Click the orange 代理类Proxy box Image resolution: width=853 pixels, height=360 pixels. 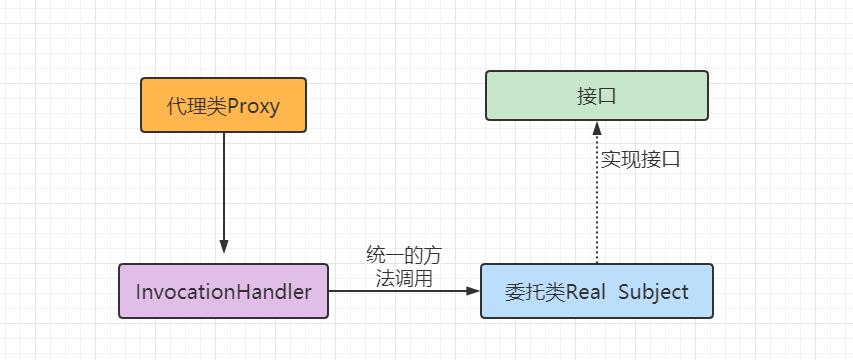223,105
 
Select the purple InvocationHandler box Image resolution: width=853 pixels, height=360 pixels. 223,291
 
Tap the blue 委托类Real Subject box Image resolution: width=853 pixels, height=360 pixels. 596,291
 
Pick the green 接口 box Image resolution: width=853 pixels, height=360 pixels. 596,96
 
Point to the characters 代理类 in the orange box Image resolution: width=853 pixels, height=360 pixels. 197,106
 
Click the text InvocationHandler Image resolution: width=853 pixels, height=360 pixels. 223,292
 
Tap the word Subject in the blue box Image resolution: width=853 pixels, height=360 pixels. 654,292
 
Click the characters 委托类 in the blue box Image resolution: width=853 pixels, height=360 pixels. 535,292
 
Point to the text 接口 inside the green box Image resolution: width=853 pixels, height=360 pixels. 596,96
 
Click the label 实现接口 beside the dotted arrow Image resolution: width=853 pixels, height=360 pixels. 641,159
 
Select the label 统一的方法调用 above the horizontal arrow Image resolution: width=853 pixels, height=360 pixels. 404,266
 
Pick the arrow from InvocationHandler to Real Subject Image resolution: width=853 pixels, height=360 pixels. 400,291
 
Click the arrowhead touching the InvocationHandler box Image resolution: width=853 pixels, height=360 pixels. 224,247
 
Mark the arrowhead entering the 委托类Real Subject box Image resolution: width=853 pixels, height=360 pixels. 473,291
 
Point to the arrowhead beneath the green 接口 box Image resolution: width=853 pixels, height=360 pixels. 596,128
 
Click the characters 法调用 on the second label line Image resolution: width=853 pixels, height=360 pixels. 404,278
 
